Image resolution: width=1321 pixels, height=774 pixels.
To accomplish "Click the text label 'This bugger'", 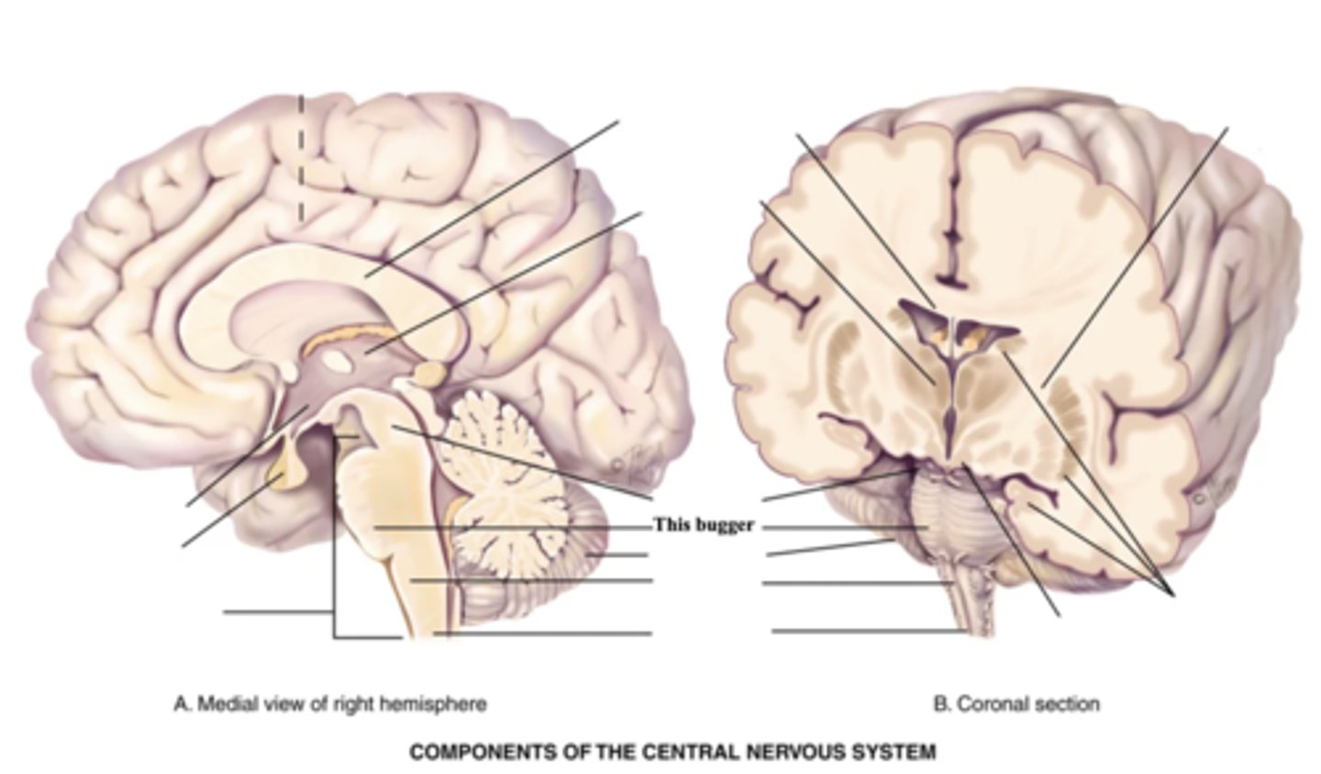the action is pos(704,525).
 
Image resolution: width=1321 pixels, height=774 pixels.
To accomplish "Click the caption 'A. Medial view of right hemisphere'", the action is pos(330,704).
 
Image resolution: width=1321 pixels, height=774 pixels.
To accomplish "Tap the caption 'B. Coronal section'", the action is pos(1016,704).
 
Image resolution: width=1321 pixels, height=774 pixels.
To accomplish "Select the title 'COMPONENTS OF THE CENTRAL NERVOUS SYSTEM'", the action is pos(672,752).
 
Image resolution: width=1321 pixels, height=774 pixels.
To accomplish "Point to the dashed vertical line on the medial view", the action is pos(300,156).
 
